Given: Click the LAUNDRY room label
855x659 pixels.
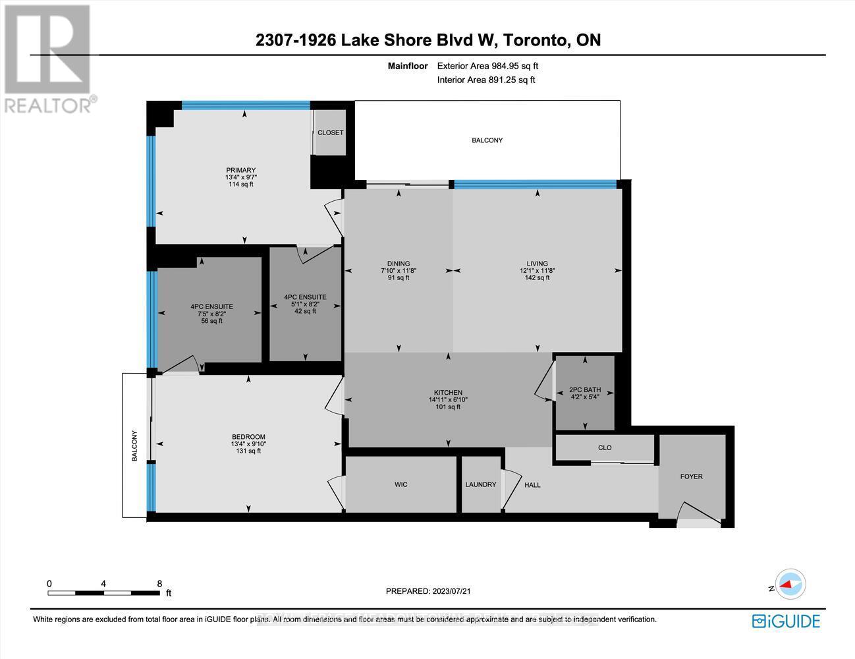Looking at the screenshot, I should coord(480,484).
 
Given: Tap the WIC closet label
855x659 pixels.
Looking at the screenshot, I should coord(400,484).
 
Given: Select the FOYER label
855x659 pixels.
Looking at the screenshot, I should coord(692,476).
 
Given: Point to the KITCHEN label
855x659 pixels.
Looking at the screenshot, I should coord(448,392).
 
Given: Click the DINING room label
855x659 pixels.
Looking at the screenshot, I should coord(399,264).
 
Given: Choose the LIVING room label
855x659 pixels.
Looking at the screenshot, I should coord(537,264).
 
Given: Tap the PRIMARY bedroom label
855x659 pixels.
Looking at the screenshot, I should coord(240,171).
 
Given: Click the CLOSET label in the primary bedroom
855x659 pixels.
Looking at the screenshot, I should coord(330,132).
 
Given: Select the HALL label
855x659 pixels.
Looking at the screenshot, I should coord(532,485).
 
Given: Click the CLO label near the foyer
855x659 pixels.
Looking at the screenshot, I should coord(605,447).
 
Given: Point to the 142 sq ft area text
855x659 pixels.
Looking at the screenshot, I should coord(537,278).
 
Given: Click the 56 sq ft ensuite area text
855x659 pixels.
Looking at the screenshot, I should coord(211,321).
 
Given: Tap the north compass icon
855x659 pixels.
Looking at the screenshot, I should coord(790,584).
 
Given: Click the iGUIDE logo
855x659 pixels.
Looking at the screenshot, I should coord(786,621).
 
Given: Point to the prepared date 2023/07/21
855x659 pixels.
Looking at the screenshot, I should coord(428,591).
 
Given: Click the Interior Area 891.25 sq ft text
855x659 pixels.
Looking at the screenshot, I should coord(486,80).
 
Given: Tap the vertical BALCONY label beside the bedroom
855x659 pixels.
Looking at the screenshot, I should coord(134,445).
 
